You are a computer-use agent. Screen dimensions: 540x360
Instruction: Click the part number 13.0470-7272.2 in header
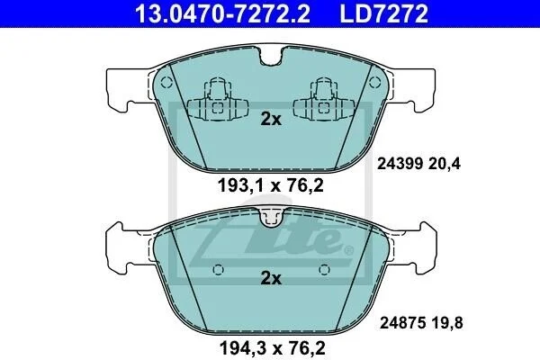point(223,13)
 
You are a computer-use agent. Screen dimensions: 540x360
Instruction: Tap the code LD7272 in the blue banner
point(384,13)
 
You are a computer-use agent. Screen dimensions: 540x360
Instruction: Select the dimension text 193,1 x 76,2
point(271,186)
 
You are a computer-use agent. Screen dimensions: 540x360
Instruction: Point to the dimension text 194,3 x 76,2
point(272,347)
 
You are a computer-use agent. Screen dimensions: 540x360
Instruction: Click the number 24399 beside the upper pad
point(400,164)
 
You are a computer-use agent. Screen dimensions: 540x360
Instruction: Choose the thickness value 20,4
point(445,164)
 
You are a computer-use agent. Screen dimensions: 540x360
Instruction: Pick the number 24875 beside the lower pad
point(402,323)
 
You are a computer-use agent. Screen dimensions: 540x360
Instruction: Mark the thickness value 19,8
point(447,323)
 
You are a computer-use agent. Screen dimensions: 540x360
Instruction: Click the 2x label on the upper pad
point(271,119)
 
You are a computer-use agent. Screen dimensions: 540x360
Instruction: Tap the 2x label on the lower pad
point(271,278)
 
